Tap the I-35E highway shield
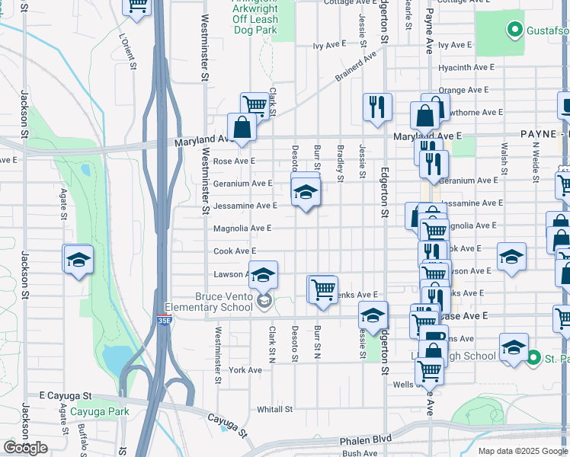click(164, 321)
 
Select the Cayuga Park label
click(99, 411)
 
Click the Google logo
click(25, 448)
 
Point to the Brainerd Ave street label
click(357, 67)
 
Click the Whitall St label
click(274, 409)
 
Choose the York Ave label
click(245, 370)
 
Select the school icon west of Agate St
click(78, 260)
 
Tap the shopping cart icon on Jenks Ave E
click(323, 289)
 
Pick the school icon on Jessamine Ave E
click(306, 190)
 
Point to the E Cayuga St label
click(66, 396)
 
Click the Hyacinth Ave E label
click(465, 67)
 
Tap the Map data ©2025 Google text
click(522, 451)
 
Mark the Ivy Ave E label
click(329, 45)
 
